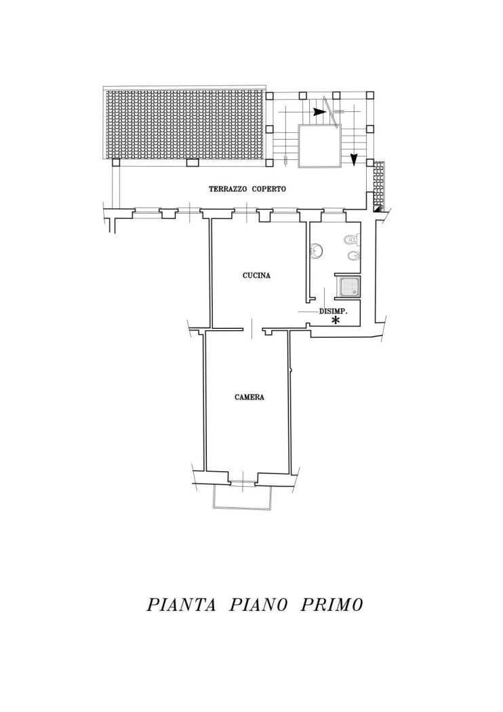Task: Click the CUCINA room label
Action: click(x=256, y=276)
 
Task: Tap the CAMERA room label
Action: click(x=249, y=397)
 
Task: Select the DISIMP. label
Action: click(x=333, y=312)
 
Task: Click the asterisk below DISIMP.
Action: click(x=335, y=321)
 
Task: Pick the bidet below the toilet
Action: click(x=352, y=256)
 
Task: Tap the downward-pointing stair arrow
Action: click(x=353, y=160)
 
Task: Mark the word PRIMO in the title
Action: click(x=331, y=605)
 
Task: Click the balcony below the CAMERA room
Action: click(x=243, y=497)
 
